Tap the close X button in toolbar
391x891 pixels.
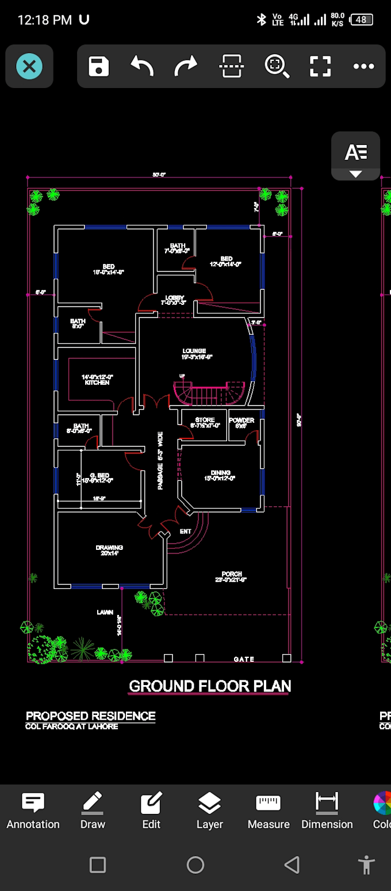point(29,67)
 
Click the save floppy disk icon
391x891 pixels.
point(98,67)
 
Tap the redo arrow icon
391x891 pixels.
point(185,67)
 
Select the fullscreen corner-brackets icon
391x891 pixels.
point(320,67)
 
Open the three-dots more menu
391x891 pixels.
point(363,67)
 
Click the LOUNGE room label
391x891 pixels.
point(194,351)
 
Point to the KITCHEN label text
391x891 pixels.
point(97,383)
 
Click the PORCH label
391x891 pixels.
point(232,574)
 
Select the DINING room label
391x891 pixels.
point(220,473)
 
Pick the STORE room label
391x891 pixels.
point(205,420)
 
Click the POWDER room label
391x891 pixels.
point(241,420)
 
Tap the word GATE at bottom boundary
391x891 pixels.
point(244,659)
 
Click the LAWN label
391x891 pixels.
point(105,613)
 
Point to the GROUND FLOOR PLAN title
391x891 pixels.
point(210,686)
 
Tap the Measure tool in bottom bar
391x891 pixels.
point(268,810)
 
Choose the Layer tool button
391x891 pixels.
point(209,810)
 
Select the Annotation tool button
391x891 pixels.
point(33,810)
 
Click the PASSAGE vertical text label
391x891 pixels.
point(160,460)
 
